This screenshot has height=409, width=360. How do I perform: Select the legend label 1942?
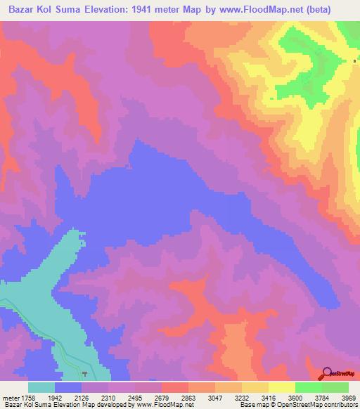(54, 397)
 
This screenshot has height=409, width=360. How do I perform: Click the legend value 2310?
(108, 397)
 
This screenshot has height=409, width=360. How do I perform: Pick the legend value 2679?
(162, 397)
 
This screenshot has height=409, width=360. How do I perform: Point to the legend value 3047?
(215, 397)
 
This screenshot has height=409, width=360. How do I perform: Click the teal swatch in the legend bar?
(41, 387)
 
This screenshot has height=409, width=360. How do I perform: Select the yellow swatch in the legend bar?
(282, 387)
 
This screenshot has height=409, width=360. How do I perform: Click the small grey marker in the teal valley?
(85, 373)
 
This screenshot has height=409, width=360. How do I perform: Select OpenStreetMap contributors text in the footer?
(324, 405)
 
